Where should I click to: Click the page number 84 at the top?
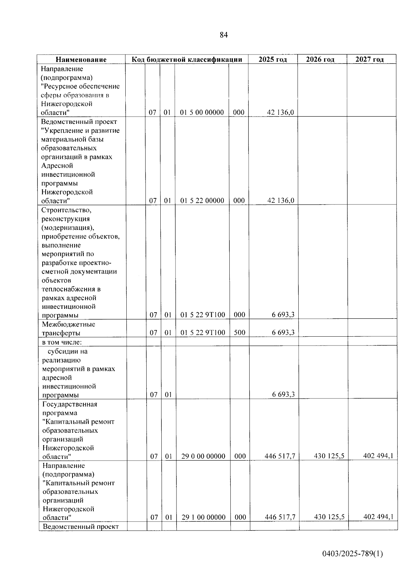tap(224, 35)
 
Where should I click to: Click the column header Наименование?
tap(81, 59)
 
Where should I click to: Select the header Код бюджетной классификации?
tap(187, 59)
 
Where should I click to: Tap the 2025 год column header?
tap(273, 59)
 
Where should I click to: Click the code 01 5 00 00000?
tap(202, 112)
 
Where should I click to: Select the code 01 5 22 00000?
tap(202, 201)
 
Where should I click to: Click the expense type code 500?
tap(239, 333)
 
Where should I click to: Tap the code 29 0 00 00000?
tap(203, 456)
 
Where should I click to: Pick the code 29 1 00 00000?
tap(203, 517)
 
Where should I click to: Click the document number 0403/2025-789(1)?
tap(352, 554)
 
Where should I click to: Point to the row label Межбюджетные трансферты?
tap(68, 328)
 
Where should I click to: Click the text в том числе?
tap(62, 342)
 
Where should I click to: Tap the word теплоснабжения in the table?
tap(71, 289)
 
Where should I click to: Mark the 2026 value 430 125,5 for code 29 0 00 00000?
tap(329, 456)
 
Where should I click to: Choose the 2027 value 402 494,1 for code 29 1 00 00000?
tap(378, 517)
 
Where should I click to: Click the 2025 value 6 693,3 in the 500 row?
tap(283, 333)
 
